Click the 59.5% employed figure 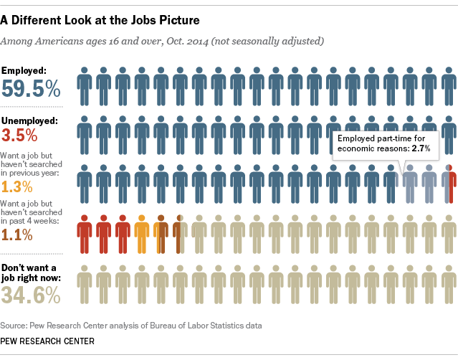(32, 88)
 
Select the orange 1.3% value (19, 187)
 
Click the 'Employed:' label (25, 70)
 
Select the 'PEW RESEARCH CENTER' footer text (47, 341)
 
